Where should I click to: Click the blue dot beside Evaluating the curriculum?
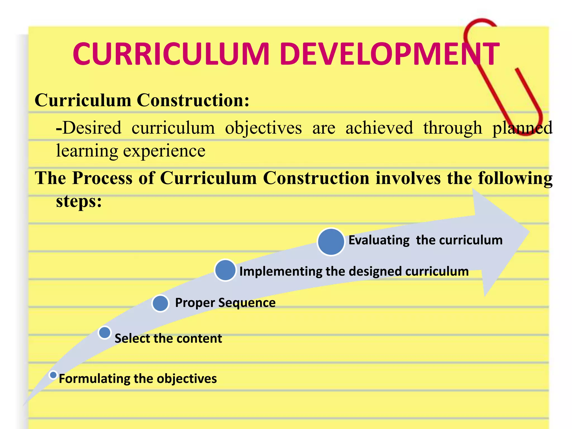tap(331, 242)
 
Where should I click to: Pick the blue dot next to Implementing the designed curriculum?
tap(225, 270)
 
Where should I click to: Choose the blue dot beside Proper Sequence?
tap(160, 303)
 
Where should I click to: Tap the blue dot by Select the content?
tap(105, 333)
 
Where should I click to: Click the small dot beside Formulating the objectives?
tap(53, 375)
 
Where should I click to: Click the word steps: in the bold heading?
tap(79, 201)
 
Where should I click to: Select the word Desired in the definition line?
tap(89, 128)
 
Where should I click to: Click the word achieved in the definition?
tap(379, 128)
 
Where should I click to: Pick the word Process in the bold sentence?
tap(102, 178)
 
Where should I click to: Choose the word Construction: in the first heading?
tap(193, 100)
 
